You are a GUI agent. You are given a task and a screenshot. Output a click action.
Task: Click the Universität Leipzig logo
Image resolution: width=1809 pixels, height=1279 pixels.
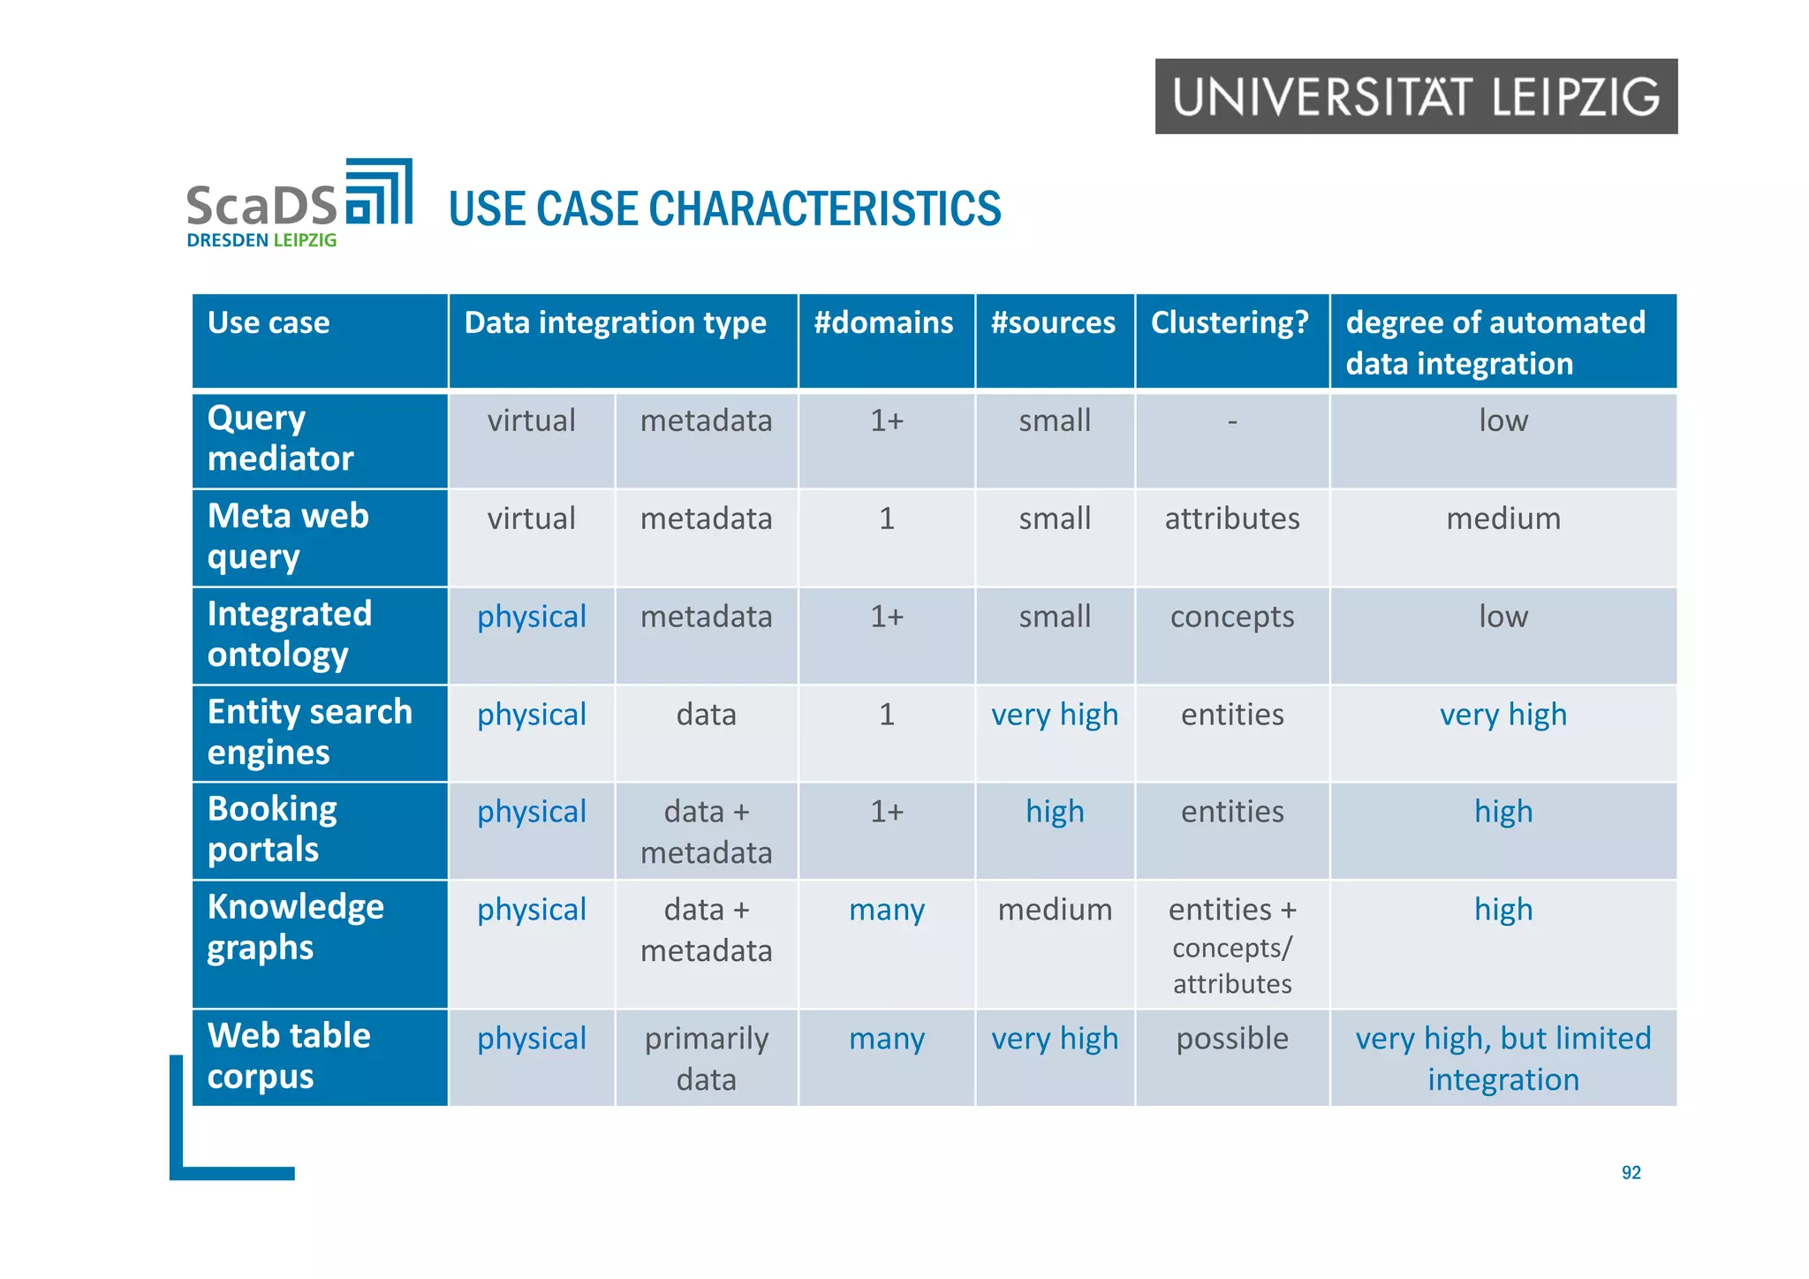click(x=1415, y=96)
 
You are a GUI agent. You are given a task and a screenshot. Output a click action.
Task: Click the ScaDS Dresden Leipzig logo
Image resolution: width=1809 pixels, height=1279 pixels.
click(x=299, y=204)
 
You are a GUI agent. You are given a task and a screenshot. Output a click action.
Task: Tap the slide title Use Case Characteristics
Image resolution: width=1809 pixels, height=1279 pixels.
click(x=724, y=209)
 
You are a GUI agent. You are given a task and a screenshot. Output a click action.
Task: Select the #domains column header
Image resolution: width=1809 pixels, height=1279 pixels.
click(x=884, y=323)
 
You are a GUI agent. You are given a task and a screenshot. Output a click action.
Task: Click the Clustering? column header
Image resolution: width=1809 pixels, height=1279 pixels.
click(x=1230, y=323)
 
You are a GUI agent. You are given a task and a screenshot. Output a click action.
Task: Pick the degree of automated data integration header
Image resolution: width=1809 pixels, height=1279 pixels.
click(x=1495, y=343)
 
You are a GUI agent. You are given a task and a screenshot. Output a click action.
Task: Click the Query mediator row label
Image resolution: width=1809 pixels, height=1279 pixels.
click(x=281, y=438)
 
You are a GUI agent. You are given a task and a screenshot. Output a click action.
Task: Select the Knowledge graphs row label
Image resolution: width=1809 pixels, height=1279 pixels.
click(x=295, y=927)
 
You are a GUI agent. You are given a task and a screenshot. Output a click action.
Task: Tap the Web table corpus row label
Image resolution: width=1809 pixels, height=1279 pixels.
click(x=289, y=1056)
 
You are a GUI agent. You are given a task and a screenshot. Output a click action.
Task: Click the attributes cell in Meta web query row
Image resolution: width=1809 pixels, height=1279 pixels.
click(x=1232, y=518)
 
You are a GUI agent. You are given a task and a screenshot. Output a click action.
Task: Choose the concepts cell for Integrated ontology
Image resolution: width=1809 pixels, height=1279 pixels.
click(x=1232, y=617)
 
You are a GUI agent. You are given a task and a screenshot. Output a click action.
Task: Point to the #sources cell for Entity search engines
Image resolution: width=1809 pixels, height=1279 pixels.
click(x=1055, y=715)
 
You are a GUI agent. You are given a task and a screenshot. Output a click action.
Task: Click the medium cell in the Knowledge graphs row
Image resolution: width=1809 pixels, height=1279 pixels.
click(x=1055, y=910)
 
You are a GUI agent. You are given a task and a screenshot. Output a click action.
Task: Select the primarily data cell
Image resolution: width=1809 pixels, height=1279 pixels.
click(x=706, y=1058)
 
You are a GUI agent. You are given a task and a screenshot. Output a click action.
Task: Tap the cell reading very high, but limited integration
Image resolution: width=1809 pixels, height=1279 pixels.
click(x=1503, y=1058)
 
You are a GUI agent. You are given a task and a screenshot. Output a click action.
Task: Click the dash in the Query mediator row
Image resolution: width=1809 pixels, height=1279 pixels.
click(x=1232, y=422)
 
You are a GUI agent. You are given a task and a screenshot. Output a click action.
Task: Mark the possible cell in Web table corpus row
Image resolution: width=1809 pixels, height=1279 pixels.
click(x=1232, y=1039)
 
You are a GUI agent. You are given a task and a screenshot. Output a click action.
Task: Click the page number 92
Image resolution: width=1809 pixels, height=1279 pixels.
click(x=1631, y=1173)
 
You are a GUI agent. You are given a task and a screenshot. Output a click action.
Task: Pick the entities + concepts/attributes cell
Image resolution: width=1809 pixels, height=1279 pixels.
click(x=1232, y=946)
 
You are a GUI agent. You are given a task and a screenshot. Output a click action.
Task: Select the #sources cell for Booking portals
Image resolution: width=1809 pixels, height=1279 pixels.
click(x=1055, y=812)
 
